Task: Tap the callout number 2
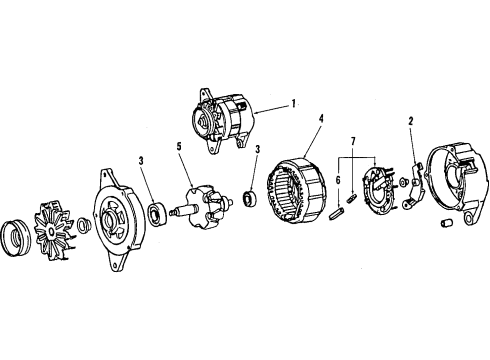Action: pyautogui.click(x=412, y=124)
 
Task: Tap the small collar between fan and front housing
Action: pyautogui.click(x=84, y=227)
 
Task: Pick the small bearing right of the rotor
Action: pyautogui.click(x=251, y=196)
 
